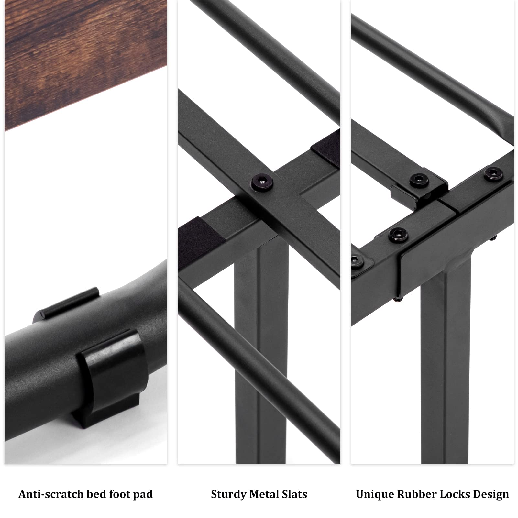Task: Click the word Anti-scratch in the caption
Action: click(51, 494)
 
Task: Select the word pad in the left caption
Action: click(143, 494)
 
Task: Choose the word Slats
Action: click(294, 494)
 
